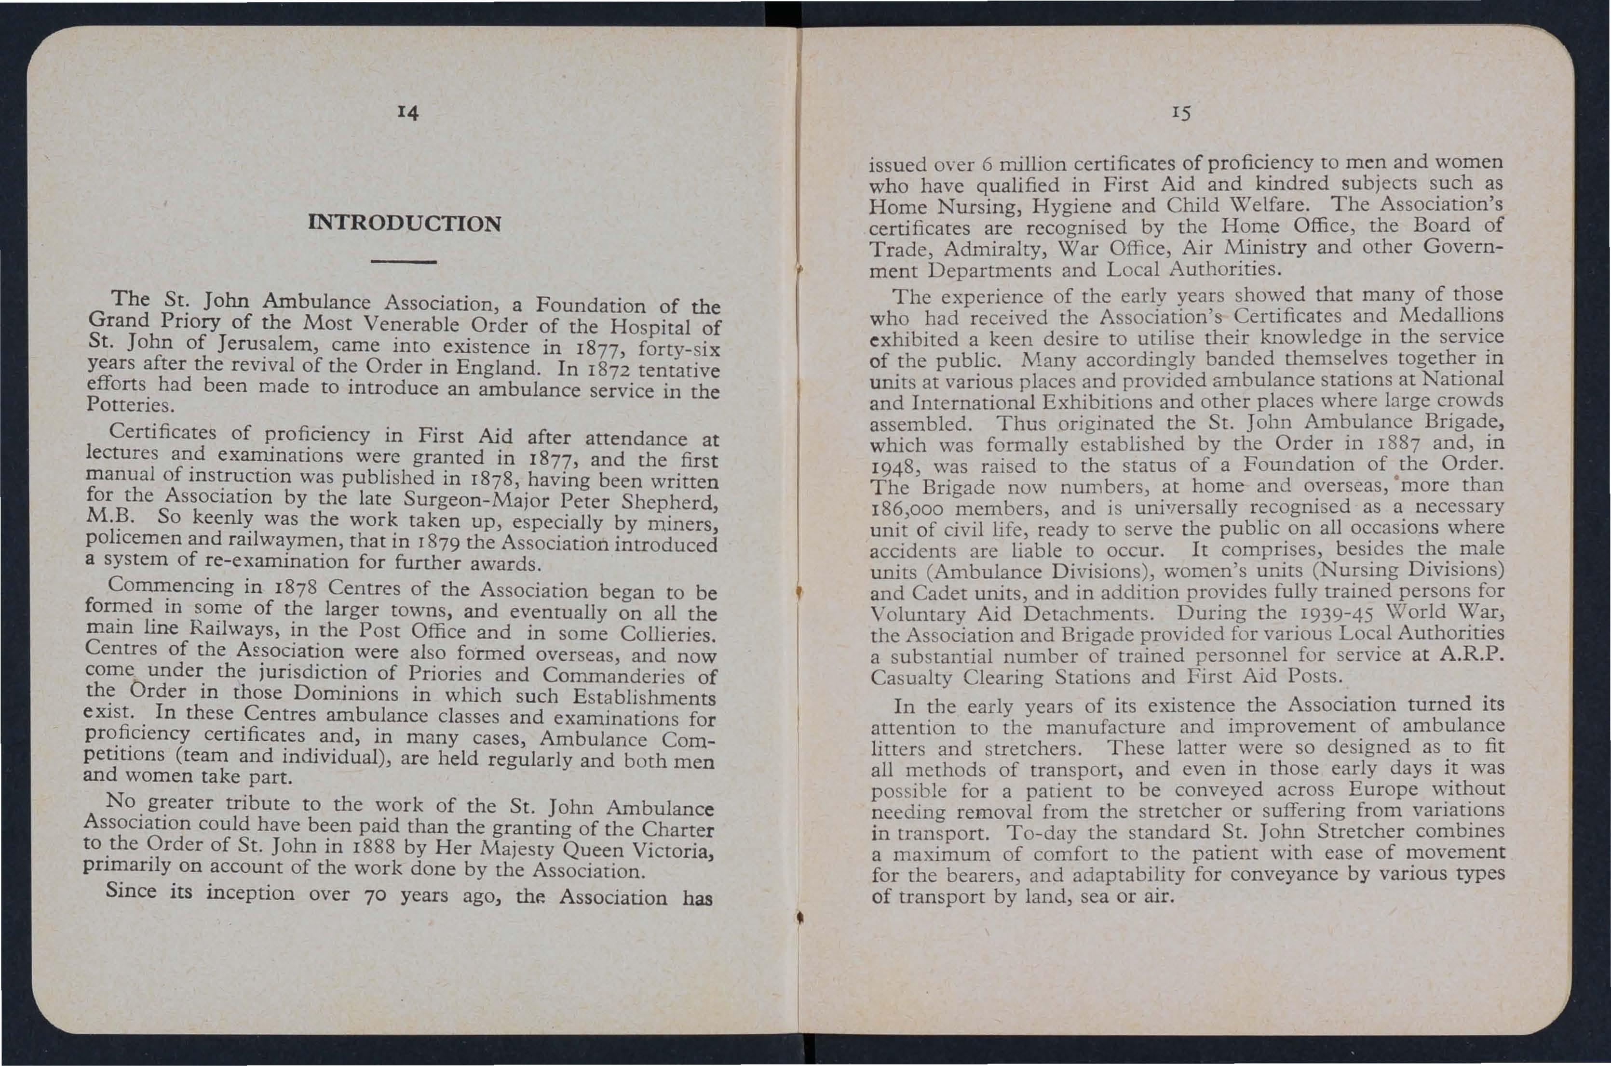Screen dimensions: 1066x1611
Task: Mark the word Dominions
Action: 345,694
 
